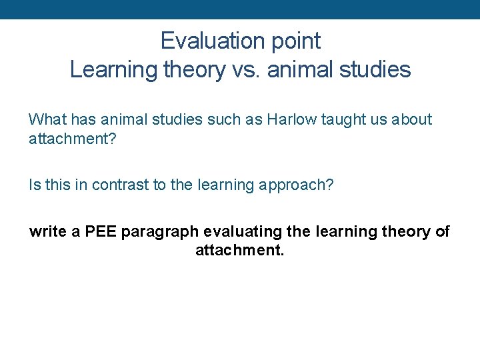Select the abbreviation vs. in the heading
point(245,69)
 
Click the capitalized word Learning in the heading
point(111,69)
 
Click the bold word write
point(47,232)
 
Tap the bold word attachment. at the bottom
point(239,251)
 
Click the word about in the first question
point(413,120)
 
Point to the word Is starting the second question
point(34,185)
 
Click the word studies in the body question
point(173,120)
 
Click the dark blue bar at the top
point(240,9)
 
